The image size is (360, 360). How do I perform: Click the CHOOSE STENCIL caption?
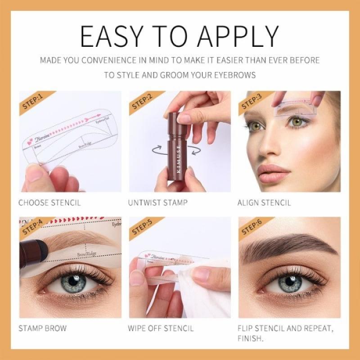[x=49, y=202]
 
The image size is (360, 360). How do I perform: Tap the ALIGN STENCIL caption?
[x=264, y=202]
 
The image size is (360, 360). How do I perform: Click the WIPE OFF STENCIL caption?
[x=161, y=328]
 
